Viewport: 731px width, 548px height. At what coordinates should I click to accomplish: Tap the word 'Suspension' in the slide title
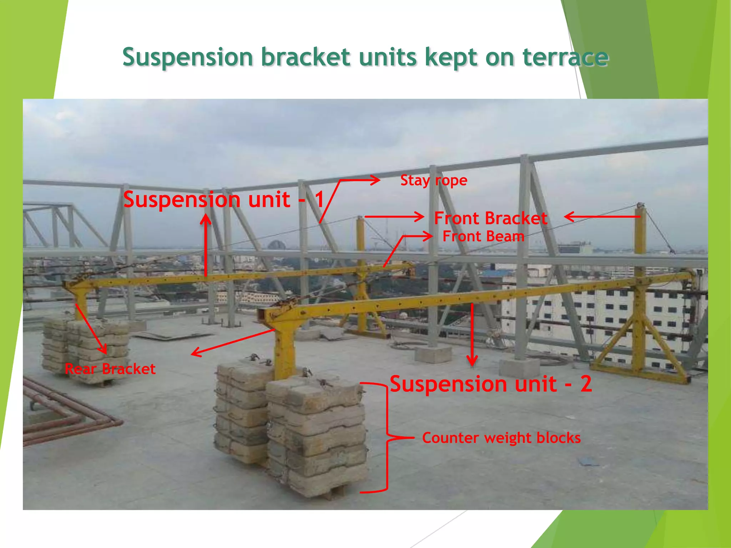coord(188,57)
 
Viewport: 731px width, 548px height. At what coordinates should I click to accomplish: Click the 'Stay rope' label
coord(433,181)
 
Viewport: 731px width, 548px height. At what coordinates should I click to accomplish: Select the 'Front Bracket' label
coord(490,218)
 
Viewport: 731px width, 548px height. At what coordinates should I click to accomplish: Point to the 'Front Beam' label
coord(483,237)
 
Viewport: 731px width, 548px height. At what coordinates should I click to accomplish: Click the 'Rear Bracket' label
coord(110,369)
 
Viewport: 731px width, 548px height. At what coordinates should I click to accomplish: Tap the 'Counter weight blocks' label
coord(501,438)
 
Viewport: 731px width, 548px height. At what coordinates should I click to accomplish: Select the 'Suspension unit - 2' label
coord(491,384)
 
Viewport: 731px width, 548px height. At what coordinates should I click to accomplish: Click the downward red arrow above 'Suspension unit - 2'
coord(472,335)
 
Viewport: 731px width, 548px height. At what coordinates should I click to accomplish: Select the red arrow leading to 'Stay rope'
coord(343,189)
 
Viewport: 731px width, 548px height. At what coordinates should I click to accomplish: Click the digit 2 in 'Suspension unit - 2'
coord(586,384)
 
